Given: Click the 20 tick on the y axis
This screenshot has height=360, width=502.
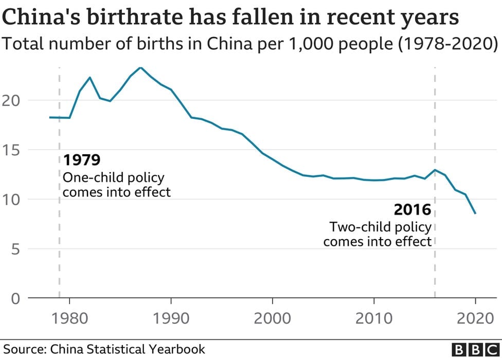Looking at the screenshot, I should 13,100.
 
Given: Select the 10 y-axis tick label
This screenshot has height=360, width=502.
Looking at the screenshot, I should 13,200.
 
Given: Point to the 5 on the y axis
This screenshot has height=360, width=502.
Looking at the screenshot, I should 16,249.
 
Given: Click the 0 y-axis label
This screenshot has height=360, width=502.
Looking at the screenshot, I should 16,298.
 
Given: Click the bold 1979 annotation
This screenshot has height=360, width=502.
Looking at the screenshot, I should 81,160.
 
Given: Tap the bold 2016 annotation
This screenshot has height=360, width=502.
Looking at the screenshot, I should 412,210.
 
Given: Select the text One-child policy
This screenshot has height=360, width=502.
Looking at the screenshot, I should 113,178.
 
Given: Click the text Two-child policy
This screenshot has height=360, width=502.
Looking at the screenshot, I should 380,227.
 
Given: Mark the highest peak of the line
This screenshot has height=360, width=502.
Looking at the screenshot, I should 140,67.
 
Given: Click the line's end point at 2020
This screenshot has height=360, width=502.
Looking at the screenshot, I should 475,213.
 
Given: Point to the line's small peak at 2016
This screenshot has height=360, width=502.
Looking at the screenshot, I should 435,170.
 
